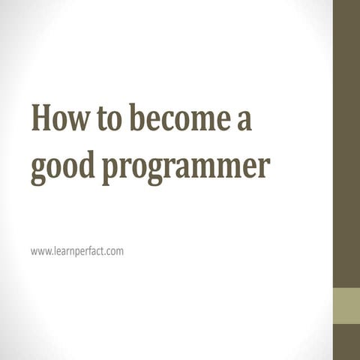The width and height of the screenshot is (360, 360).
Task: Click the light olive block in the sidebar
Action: tap(346, 306)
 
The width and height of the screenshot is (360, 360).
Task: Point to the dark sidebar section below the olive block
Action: tap(346, 342)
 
